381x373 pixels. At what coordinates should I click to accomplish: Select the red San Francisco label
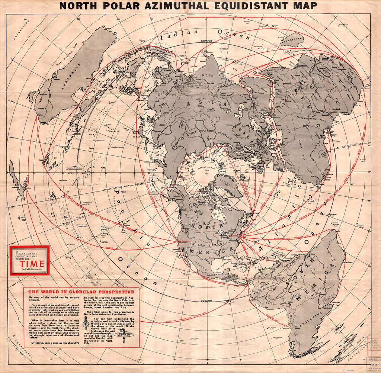tap(185, 241)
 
